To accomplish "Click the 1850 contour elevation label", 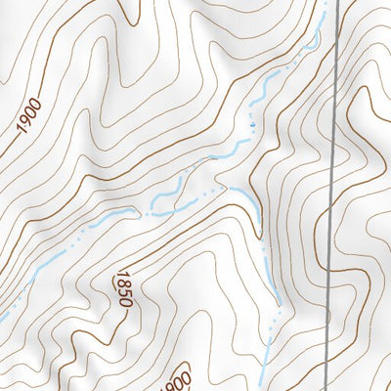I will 123,288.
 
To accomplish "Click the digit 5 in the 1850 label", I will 124,292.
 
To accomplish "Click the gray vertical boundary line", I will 332,195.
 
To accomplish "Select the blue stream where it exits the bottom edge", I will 266,388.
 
